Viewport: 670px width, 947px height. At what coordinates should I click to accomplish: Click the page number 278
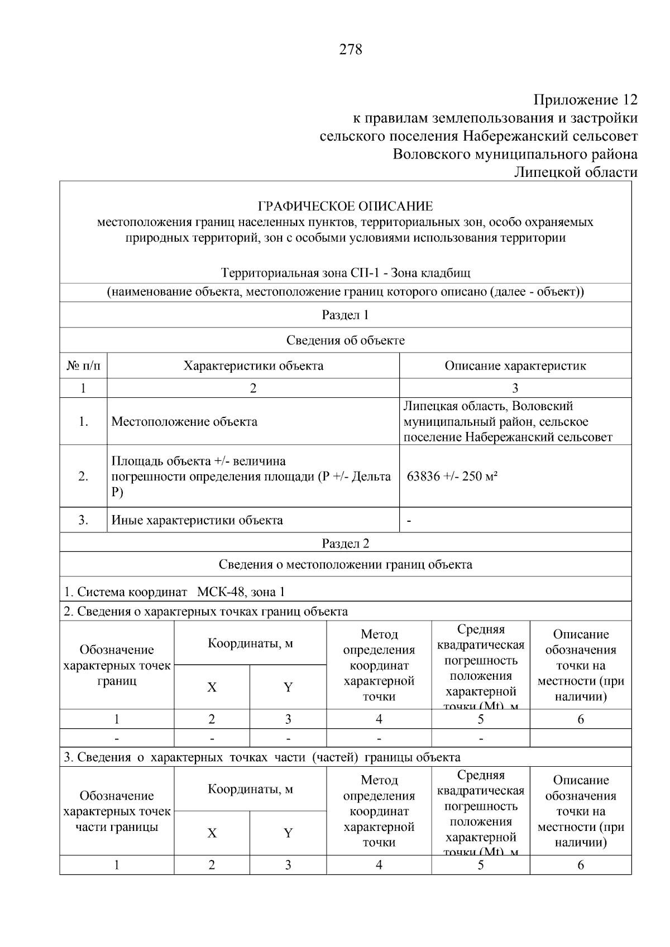(x=351, y=50)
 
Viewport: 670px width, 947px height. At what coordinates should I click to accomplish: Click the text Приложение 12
(x=585, y=100)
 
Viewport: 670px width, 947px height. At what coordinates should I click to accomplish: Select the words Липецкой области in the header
(x=576, y=172)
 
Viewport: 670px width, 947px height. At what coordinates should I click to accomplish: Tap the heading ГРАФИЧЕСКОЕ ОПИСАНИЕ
(x=345, y=206)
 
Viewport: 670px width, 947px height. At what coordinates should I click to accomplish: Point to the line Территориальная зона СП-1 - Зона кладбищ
(x=345, y=273)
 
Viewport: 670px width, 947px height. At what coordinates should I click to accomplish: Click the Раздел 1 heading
(x=345, y=315)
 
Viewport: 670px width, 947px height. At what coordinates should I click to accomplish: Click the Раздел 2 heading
(x=345, y=544)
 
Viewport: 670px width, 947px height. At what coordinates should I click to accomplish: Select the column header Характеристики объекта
(x=253, y=366)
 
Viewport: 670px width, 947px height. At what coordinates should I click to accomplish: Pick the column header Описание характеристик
(x=515, y=366)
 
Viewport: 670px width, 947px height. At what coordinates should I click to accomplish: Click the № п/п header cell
(x=83, y=366)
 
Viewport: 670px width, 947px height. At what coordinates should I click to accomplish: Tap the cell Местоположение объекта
(x=184, y=422)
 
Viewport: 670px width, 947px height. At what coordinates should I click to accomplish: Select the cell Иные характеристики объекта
(x=197, y=521)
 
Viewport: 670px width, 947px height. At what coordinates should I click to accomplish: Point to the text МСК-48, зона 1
(x=241, y=592)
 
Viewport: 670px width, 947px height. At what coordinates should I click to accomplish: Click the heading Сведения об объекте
(x=345, y=340)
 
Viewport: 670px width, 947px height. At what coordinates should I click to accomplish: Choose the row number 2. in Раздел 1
(x=83, y=477)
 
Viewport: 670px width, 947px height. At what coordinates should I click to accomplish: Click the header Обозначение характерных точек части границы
(x=117, y=811)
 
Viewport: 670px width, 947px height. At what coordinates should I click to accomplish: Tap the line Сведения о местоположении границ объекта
(x=345, y=565)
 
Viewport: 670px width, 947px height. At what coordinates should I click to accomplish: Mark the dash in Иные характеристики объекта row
(x=409, y=521)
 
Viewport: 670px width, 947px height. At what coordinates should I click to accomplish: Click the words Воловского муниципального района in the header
(x=515, y=154)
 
